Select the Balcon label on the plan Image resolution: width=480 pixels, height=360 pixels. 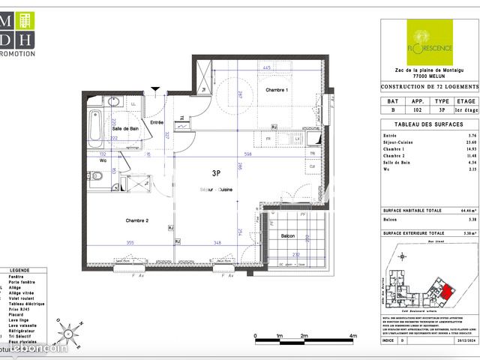click(287, 236)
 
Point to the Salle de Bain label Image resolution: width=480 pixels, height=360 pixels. click(125, 129)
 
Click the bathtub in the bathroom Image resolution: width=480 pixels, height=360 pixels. click(94, 128)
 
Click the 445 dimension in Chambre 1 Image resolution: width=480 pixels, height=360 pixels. click(266, 67)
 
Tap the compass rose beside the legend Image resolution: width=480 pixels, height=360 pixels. click(66, 329)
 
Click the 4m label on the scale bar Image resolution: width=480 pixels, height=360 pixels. click(352, 336)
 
